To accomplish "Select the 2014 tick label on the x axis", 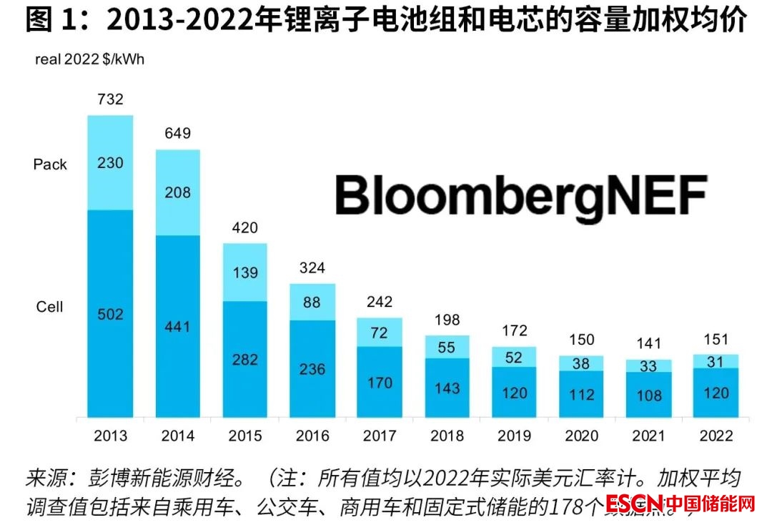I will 177,436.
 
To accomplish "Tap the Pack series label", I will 50,165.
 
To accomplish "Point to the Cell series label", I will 50,307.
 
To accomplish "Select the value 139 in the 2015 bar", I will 245,273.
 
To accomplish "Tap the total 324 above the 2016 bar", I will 312,268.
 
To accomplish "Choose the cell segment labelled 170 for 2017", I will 380,383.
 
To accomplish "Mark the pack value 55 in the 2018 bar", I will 447,347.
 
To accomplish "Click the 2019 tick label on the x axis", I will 515,436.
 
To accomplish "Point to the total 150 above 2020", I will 582,339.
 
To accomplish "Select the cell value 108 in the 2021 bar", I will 649,395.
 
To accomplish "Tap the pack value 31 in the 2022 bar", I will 716,362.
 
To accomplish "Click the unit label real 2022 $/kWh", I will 89,59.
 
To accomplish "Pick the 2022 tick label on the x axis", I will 716,436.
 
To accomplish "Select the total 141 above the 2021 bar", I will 649,343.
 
